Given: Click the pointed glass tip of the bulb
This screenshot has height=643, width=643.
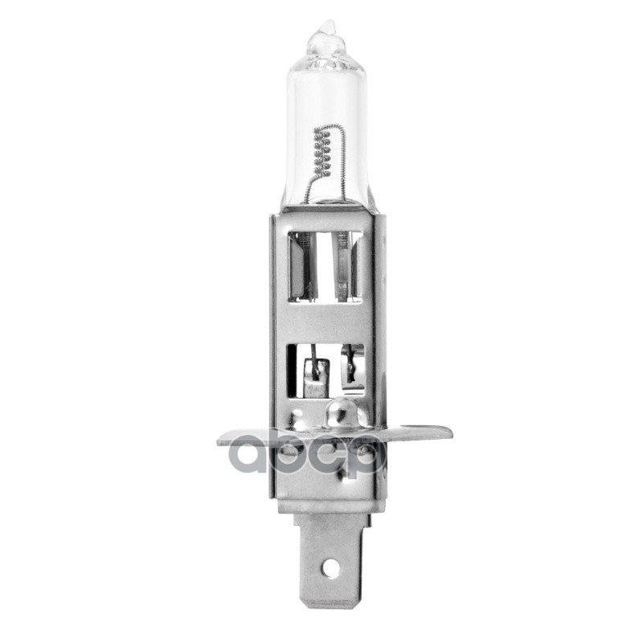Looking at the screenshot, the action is (326, 30).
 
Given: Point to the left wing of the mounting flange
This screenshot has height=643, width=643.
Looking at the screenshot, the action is (244, 440).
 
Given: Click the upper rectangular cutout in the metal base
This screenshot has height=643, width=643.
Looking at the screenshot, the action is (326, 266).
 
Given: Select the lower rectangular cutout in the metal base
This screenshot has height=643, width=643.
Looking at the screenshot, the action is (326, 371).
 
